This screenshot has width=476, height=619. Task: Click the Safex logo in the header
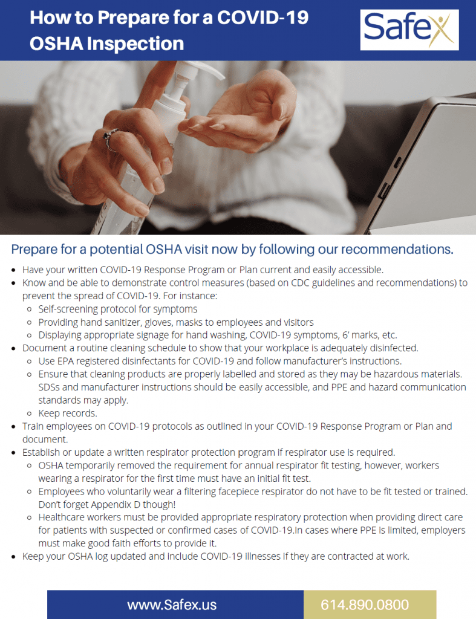tap(409, 30)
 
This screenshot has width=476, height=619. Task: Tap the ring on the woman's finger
tap(111, 139)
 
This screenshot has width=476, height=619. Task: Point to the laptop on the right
tap(423, 163)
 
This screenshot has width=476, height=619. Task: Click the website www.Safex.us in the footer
tap(172, 604)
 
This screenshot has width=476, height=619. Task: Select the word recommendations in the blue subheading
tap(394, 250)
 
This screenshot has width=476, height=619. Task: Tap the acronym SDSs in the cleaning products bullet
tap(50, 387)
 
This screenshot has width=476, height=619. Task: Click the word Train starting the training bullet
tap(35, 426)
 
